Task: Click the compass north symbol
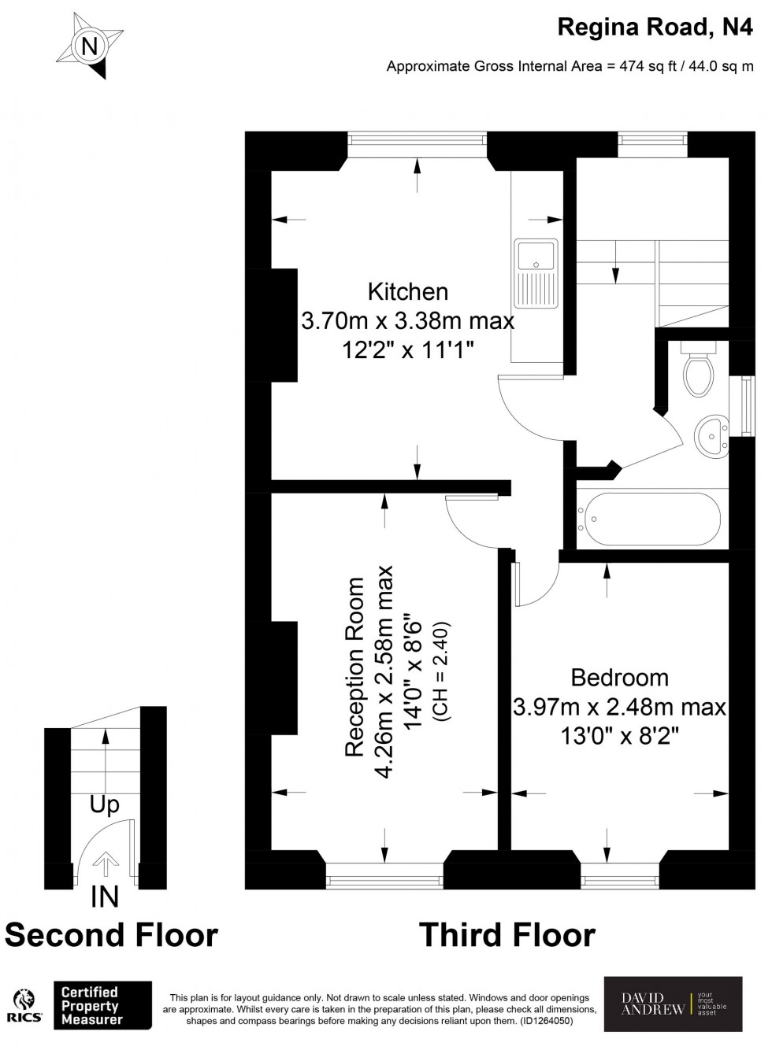(91, 46)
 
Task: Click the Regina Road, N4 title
(655, 28)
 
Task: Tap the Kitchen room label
(407, 292)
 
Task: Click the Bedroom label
(619, 678)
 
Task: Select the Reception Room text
(355, 667)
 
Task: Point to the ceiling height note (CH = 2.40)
(440, 673)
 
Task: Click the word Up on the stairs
(104, 804)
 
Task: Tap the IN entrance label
(105, 897)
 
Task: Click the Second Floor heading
(111, 935)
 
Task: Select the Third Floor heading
(507, 935)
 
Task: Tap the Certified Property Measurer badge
(102, 1005)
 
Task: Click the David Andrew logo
(673, 1004)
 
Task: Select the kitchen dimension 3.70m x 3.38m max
(407, 321)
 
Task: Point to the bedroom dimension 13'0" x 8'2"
(619, 736)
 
